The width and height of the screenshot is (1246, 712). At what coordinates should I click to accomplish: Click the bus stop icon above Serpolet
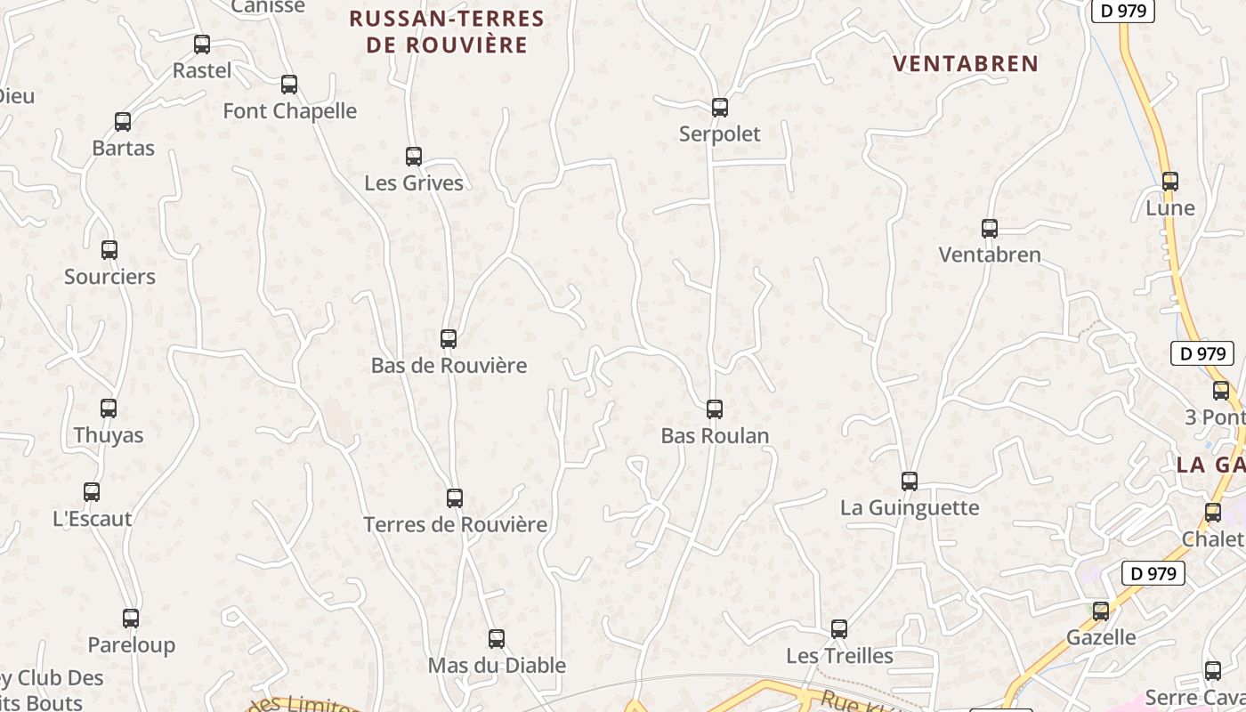(x=720, y=108)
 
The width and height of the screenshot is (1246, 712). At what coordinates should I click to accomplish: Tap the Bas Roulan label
(x=715, y=436)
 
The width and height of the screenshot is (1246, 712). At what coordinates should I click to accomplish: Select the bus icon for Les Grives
(x=414, y=157)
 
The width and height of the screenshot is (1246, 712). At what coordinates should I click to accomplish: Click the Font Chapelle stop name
(x=289, y=111)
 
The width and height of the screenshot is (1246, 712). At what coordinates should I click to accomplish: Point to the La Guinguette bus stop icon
(x=910, y=481)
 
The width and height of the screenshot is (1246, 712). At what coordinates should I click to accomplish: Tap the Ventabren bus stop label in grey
(x=990, y=255)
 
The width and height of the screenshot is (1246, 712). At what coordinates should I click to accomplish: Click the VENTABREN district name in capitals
(x=966, y=63)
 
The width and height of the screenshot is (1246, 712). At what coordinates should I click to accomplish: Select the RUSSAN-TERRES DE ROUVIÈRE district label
(x=447, y=32)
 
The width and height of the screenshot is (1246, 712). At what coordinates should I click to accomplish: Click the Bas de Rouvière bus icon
(x=449, y=339)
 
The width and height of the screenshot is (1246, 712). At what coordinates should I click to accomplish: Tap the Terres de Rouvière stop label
(x=455, y=524)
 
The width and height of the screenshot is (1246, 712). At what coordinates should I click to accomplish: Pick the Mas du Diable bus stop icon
(x=497, y=639)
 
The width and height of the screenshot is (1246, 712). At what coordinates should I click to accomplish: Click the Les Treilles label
(x=839, y=656)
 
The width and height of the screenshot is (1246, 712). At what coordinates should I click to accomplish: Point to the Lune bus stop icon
(x=1170, y=182)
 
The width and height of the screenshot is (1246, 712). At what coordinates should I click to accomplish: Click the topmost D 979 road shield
(x=1122, y=11)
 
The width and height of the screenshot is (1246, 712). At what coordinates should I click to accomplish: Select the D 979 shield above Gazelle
(x=1153, y=573)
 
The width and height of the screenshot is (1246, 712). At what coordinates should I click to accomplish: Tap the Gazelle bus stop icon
(x=1101, y=611)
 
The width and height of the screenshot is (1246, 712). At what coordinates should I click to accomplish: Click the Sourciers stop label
(x=109, y=277)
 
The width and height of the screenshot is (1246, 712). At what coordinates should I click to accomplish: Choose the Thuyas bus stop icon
(x=109, y=409)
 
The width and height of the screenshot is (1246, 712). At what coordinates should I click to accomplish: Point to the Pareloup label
(x=131, y=645)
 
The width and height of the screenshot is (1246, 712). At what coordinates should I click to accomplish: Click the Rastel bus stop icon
(x=202, y=44)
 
